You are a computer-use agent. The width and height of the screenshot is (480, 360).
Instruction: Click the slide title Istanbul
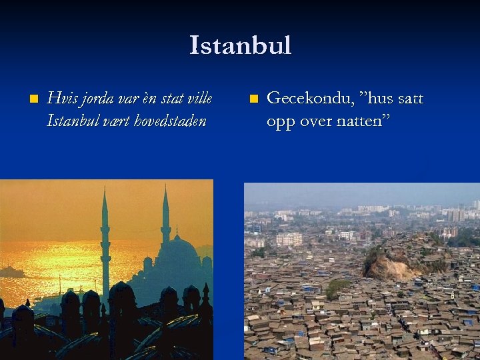240,46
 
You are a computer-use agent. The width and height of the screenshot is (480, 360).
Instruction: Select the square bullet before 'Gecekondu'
253,99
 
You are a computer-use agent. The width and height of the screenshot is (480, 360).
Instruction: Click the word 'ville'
201,99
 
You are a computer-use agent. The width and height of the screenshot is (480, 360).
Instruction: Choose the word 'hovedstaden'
169,121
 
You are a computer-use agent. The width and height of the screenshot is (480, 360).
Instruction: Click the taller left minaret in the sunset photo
105,247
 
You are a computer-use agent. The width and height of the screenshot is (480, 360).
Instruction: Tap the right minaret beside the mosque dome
165,220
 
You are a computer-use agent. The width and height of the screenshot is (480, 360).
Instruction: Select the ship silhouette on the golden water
12,272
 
